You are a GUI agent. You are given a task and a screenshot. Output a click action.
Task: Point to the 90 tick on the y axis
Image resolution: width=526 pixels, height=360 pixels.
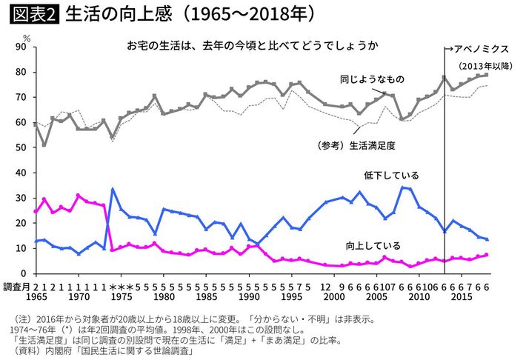pyautogui.click(x=23, y=47)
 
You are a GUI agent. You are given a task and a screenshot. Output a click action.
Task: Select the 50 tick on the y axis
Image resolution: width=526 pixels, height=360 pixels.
pyautogui.click(x=23, y=148)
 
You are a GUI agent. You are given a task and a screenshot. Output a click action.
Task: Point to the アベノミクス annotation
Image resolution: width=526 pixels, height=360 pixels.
pyautogui.click(x=478, y=49)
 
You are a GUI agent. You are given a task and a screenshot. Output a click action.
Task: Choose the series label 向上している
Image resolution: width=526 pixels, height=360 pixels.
pyautogui.click(x=373, y=245)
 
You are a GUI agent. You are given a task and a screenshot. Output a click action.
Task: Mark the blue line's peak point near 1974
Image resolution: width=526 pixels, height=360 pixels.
pyautogui.click(x=112, y=189)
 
